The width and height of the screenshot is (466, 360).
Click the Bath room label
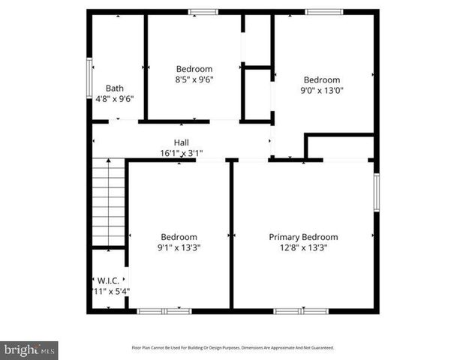click(x=115, y=88)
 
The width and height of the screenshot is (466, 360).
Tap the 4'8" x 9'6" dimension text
click(x=115, y=98)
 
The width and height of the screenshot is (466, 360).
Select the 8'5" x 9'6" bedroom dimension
click(x=194, y=79)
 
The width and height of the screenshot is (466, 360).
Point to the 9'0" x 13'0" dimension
click(x=321, y=91)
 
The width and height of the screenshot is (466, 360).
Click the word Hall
click(x=182, y=142)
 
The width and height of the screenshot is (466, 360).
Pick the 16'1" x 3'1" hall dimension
click(x=182, y=153)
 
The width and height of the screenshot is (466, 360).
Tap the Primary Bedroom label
click(x=303, y=237)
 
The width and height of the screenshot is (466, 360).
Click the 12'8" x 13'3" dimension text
click(x=303, y=247)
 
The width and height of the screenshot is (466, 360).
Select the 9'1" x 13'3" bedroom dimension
click(x=179, y=247)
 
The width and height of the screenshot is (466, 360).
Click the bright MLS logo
click(x=29, y=349)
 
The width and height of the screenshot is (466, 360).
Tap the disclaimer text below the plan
click(x=233, y=348)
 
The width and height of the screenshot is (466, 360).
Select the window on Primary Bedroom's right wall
click(x=376, y=193)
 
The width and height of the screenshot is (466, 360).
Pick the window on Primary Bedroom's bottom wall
click(x=300, y=310)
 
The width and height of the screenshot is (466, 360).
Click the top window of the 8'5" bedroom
click(x=203, y=11)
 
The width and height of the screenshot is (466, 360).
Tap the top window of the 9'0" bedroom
click(x=323, y=11)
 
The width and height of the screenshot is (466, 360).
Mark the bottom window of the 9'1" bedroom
click(x=164, y=310)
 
